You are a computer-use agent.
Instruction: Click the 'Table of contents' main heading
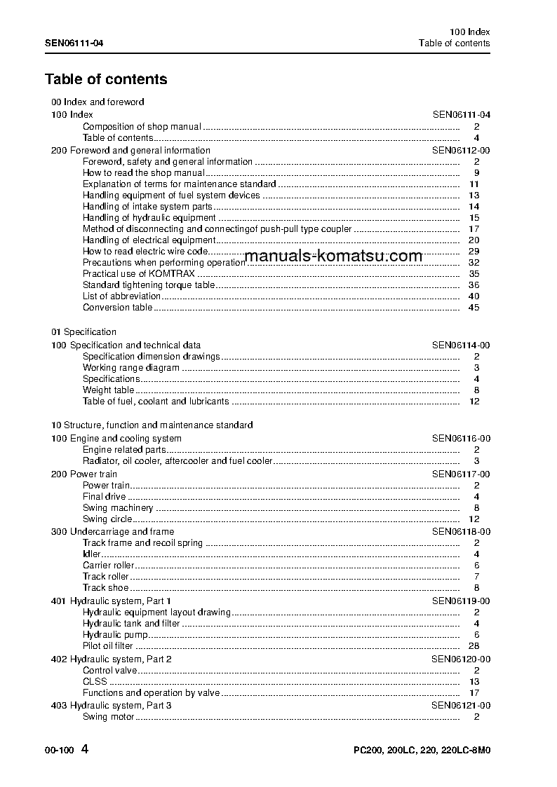point(106,79)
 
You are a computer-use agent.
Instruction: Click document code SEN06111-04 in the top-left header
point(74,43)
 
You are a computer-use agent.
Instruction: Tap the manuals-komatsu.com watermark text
point(334,256)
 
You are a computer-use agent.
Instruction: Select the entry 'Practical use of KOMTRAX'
point(139,273)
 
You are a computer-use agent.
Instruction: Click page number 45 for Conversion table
point(474,307)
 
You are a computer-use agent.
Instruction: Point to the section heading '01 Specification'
point(84,331)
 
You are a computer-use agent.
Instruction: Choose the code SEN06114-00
point(461,345)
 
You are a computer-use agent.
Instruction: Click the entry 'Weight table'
point(108,390)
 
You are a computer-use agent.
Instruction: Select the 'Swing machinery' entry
point(118,507)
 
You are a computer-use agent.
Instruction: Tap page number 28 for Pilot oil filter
point(474,645)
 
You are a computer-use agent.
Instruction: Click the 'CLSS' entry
point(95,681)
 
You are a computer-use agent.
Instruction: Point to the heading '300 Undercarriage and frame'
point(112,531)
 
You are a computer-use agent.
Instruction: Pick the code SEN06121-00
point(461,705)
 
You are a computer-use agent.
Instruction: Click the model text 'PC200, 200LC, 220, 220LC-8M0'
point(421,751)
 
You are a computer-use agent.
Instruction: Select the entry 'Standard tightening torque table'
point(149,285)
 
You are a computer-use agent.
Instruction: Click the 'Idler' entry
point(92,554)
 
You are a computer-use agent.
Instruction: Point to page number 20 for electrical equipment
point(474,240)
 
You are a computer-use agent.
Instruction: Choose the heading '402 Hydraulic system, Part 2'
point(112,659)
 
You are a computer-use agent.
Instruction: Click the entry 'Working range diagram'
point(131,367)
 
